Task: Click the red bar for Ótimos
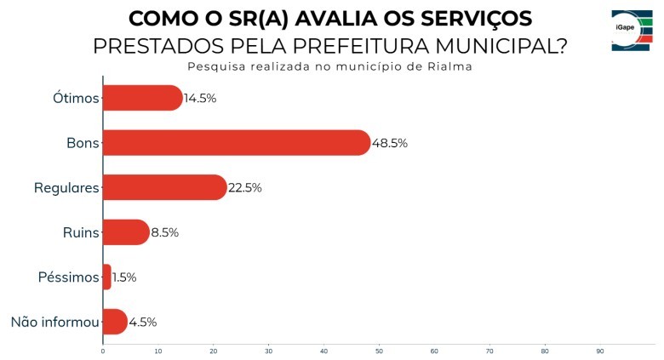[142, 98]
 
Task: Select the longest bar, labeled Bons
[236, 143]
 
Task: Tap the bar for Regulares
[164, 187]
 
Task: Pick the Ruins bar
[125, 232]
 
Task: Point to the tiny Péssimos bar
[106, 277]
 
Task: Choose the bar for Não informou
[114, 322]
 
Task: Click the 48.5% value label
[390, 143]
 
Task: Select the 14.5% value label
[200, 98]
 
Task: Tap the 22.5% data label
[244, 187]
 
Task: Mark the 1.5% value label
[124, 277]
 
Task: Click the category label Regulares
[66, 187]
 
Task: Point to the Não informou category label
[54, 322]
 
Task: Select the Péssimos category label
[69, 277]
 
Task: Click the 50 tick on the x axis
[379, 351]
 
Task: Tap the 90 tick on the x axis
[599, 351]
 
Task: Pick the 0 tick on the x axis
[103, 351]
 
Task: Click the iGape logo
[632, 31]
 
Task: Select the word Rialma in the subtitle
[449, 66]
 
